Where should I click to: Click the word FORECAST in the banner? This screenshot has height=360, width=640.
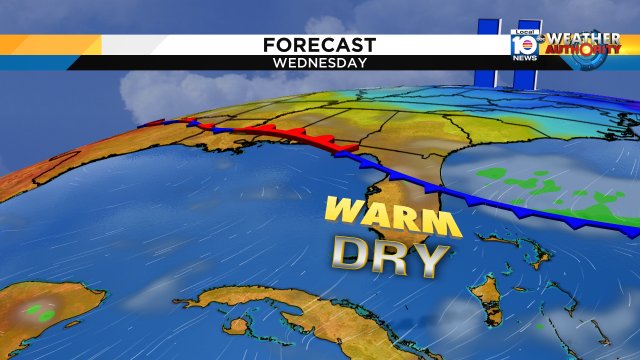319,45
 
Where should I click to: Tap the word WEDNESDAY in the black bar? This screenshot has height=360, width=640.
319,62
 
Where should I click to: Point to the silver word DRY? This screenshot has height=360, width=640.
389,257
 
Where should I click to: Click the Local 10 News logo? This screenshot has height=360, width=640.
522,44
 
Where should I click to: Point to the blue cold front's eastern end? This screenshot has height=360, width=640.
630,231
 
